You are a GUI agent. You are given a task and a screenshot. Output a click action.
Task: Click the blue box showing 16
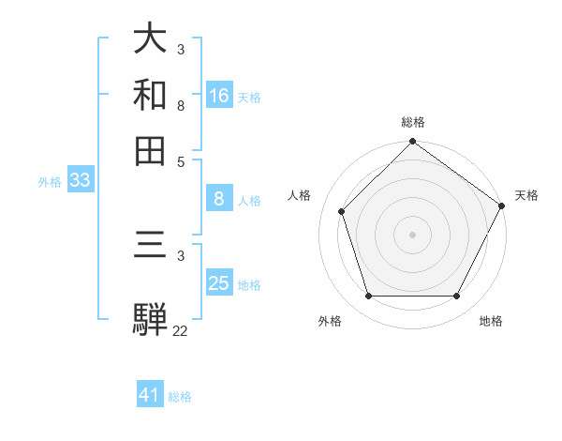coord(219,96)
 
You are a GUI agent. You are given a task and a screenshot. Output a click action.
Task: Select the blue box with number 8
coord(219,199)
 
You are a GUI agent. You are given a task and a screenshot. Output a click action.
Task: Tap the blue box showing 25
coord(219,283)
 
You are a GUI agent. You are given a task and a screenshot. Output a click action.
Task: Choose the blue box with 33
coord(80,181)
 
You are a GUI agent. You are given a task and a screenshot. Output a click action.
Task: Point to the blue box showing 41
coord(150,395)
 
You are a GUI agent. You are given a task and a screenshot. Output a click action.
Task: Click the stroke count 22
coord(180,330)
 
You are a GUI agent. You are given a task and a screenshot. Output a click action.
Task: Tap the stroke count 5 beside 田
coord(181,160)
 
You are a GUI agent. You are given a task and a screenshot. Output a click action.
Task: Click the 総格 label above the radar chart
coord(413,122)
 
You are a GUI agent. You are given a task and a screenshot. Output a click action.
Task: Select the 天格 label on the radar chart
coord(526,195)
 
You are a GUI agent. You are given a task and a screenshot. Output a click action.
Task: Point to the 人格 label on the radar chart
coord(300,195)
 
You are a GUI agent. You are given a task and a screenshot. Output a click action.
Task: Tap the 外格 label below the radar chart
coord(330,322)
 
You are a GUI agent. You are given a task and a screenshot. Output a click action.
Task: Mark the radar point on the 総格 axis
coord(412,143)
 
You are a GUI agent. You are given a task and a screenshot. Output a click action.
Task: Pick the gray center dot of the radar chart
coord(412,234)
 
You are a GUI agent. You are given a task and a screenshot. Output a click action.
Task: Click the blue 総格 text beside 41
coord(181,397)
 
